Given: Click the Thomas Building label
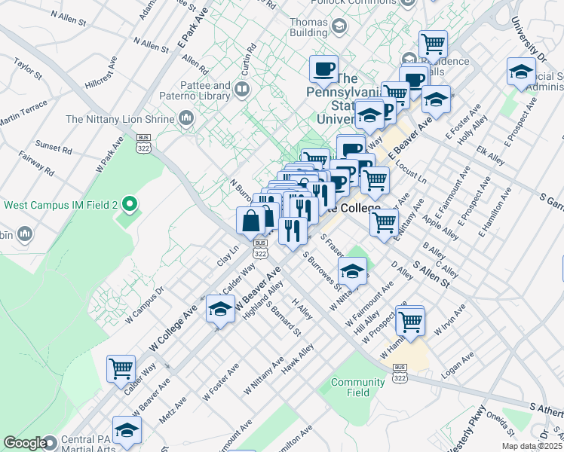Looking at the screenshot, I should [308, 28].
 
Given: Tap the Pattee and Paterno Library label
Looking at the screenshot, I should [205, 91].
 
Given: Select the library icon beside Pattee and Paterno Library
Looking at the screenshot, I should [242, 91].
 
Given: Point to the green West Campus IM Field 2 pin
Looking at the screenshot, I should [130, 204].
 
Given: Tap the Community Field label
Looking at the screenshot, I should [358, 387].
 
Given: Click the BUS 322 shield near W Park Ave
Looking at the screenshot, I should [142, 142].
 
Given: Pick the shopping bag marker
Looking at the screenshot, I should [251, 220].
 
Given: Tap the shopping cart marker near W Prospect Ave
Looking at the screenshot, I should [411, 320].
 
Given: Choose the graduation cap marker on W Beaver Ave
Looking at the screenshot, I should [220, 310].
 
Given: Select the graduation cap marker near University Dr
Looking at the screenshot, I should [521, 72].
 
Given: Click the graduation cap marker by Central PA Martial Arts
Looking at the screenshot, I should [127, 429].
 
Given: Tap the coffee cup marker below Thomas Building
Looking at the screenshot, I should [323, 69].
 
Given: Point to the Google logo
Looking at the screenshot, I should [24, 443].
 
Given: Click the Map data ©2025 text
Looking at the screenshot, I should [532, 446].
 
